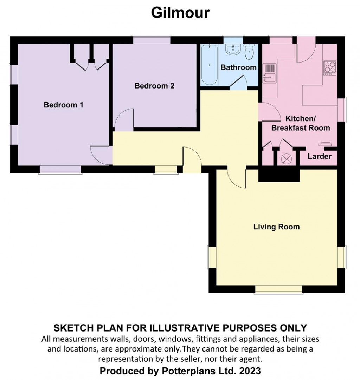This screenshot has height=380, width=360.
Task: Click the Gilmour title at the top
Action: coord(180,13)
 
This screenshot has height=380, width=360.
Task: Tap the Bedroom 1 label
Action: coord(63,105)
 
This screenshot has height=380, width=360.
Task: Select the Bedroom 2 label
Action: coord(154,86)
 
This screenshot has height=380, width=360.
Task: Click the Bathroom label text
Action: coord(238,67)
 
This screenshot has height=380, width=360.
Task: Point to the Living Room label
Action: coord(277,227)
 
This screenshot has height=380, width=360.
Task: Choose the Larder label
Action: coord(320,156)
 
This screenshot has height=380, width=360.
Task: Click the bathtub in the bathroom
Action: coord(209,65)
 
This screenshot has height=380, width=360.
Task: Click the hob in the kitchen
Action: coord(330,68)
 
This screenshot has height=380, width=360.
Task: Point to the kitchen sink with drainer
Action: coord(270,73)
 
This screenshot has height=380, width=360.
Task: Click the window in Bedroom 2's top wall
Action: coord(152,40)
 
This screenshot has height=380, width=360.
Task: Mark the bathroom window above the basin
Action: coord(233,39)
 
